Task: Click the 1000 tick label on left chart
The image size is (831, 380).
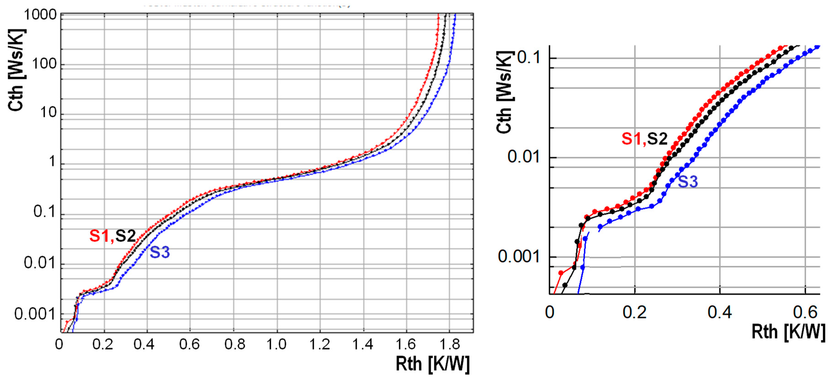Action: pyautogui.click(x=40, y=15)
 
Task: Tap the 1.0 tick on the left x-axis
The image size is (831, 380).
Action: pyautogui.click(x=276, y=345)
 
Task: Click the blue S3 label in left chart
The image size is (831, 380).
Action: pyautogui.click(x=160, y=252)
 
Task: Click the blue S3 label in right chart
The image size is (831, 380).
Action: pyautogui.click(x=688, y=182)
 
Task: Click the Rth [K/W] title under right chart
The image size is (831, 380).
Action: pyautogui.click(x=788, y=332)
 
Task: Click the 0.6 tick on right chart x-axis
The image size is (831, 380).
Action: pyautogui.click(x=805, y=312)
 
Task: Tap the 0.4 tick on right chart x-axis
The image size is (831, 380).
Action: pyautogui.click(x=720, y=312)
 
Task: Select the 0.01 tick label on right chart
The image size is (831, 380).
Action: pyautogui.click(x=523, y=157)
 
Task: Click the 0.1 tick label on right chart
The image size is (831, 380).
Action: pyautogui.click(x=528, y=58)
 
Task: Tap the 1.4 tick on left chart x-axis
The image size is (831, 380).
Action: pyautogui.click(x=363, y=345)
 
